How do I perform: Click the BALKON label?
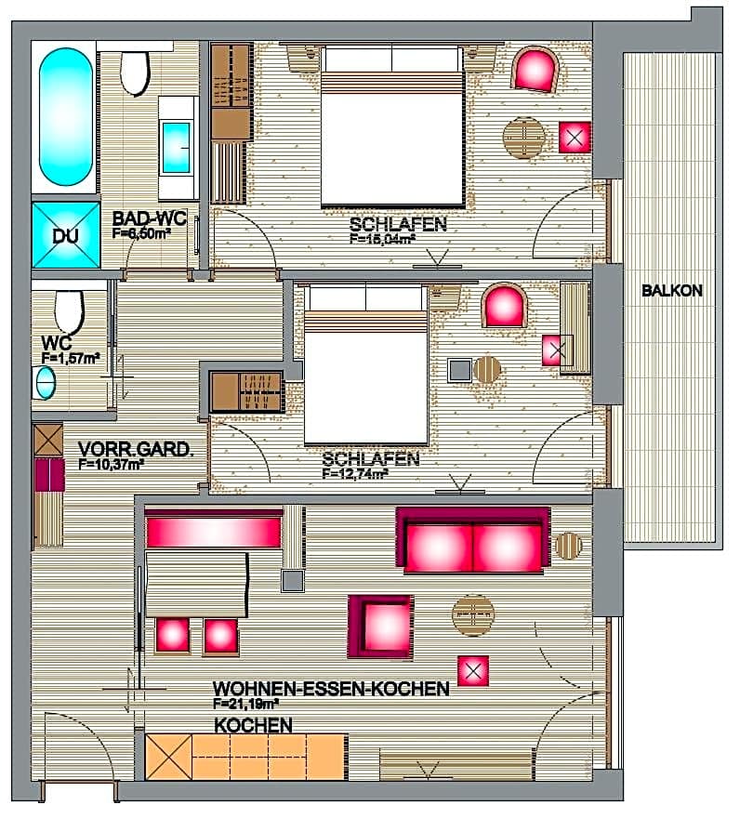(x=671, y=291)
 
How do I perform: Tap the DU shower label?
(x=65, y=236)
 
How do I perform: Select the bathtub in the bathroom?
(x=66, y=117)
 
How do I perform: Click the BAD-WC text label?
(x=150, y=219)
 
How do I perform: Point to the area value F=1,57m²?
(x=71, y=357)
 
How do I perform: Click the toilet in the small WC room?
(x=69, y=310)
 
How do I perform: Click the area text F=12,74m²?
(x=355, y=473)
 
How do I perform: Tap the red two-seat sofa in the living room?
(x=472, y=541)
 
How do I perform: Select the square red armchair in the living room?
(x=380, y=627)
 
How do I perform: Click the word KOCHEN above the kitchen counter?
(x=254, y=724)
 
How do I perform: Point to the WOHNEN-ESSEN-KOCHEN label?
(x=331, y=689)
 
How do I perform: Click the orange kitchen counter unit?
(x=246, y=758)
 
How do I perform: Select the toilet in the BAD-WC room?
(x=136, y=73)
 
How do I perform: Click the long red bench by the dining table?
(x=214, y=532)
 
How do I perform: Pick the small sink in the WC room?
(x=44, y=382)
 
